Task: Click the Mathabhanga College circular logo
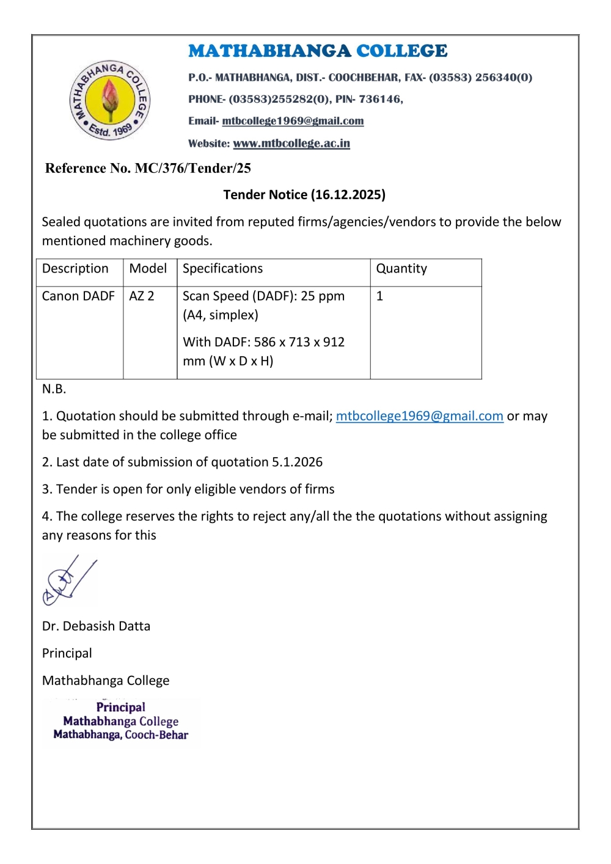110,101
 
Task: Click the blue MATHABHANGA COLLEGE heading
318,51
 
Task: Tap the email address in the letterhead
293,121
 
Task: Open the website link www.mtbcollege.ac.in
291,144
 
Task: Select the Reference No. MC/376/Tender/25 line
148,169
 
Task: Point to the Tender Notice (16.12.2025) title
304,195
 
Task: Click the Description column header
75,269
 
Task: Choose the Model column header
148,269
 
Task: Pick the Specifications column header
222,269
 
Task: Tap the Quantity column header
401,269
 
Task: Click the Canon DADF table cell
78,296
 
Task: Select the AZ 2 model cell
142,296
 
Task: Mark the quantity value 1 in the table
379,296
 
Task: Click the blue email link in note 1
419,416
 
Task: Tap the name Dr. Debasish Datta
96,626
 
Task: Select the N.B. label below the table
54,389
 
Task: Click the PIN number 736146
380,99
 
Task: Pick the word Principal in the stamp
120,707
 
